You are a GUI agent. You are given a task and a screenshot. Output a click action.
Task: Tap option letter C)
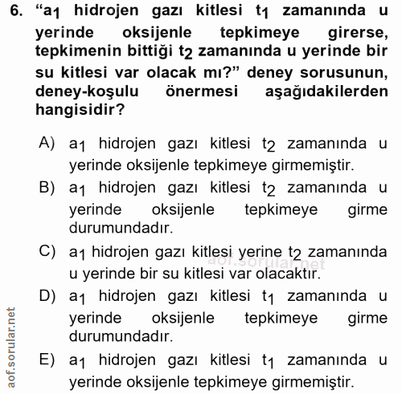click(46, 250)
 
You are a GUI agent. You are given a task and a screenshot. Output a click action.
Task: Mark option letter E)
click(46, 357)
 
